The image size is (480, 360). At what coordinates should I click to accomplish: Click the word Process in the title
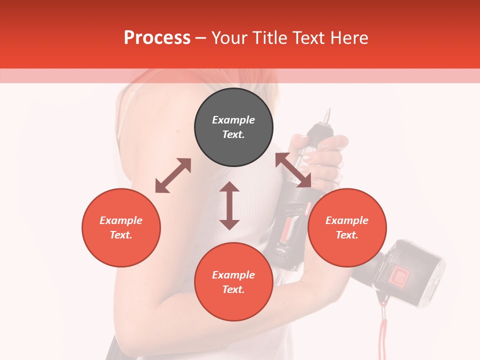tap(157, 38)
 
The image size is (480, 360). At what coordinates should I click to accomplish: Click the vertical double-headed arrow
tap(229, 205)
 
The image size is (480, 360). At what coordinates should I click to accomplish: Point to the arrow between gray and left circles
tap(173, 175)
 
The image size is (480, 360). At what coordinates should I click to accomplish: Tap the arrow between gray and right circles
tap(293, 170)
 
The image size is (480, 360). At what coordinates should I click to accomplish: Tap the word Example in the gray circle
tap(233, 120)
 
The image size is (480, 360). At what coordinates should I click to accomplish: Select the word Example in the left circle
tap(121, 220)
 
